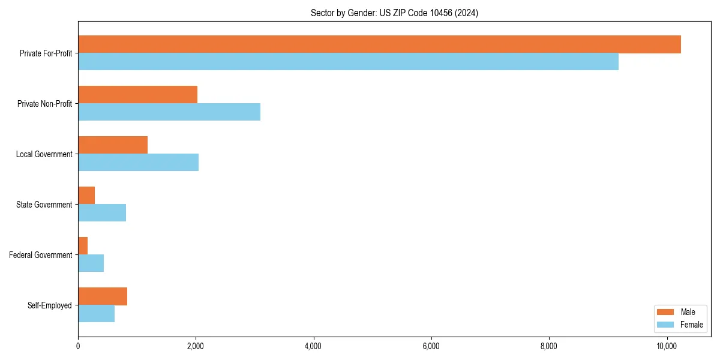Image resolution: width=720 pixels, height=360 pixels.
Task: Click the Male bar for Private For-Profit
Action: tap(379, 44)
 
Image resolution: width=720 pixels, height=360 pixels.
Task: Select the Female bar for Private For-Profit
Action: tap(348, 62)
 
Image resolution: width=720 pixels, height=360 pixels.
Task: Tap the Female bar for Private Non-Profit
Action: tap(169, 112)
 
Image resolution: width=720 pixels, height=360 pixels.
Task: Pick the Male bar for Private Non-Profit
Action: tap(137, 95)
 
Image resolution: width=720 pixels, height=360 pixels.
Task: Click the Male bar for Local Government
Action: tap(113, 145)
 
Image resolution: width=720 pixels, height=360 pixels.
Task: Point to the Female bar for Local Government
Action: tap(138, 163)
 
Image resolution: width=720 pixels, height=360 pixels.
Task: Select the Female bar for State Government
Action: tap(102, 213)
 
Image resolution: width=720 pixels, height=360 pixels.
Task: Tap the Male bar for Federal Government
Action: tap(83, 246)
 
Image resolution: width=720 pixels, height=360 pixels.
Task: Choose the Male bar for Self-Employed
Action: tap(103, 296)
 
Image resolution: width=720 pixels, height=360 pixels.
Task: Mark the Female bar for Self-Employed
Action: tap(96, 314)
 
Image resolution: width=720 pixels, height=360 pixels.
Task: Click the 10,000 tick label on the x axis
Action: tap(667, 346)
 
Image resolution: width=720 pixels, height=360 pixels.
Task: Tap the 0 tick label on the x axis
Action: tap(78, 346)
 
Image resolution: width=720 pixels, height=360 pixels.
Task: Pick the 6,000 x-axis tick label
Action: tap(431, 346)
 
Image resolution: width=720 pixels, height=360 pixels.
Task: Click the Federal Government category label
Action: tap(40, 255)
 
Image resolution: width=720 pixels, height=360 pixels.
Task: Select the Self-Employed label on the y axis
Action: tap(49, 305)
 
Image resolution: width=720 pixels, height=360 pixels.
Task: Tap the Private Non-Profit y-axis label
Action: tap(44, 104)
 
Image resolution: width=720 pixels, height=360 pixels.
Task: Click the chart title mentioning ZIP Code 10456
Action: tap(394, 13)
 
